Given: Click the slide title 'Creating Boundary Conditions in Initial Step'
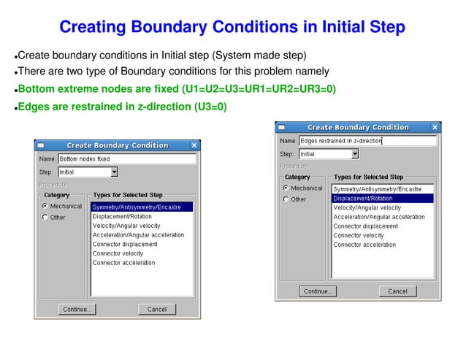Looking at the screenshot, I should click(232, 28).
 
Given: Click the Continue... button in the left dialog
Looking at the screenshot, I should click(77, 309).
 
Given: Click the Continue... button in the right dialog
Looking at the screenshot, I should click(318, 291).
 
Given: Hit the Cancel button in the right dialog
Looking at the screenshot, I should click(397, 291).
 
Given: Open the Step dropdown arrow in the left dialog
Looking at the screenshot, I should click(115, 172).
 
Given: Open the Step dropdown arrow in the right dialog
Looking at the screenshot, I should click(355, 154).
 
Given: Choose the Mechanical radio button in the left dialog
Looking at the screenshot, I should click(45, 207).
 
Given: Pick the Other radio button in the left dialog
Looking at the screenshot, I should click(45, 218).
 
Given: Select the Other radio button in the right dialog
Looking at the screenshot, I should click(286, 199).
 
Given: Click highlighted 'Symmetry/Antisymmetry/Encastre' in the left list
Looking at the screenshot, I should click(142, 207).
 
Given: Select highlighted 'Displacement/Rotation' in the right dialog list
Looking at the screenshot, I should click(383, 198).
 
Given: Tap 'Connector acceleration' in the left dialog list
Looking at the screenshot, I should click(123, 263).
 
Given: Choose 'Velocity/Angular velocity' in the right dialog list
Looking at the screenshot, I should click(367, 207).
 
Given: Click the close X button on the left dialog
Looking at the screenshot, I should click(194, 145).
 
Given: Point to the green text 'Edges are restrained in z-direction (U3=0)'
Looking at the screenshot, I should click(122, 107).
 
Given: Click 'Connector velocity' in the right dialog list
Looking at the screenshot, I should click(358, 235).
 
